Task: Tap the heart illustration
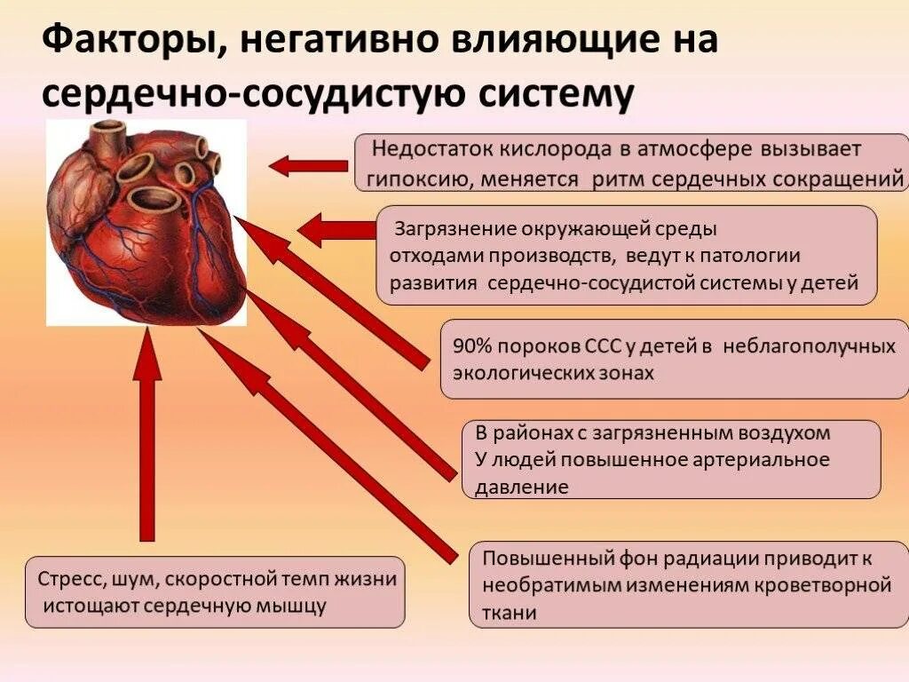146,222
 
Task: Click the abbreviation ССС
585,346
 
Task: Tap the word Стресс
70,580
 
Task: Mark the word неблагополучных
810,346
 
